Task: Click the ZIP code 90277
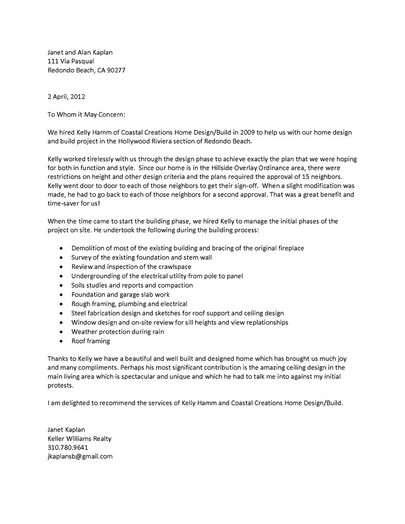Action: click(x=115, y=70)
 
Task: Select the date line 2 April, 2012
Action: click(x=66, y=96)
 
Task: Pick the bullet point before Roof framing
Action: click(x=63, y=342)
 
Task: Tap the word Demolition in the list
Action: click(x=89, y=248)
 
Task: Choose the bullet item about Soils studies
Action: click(x=132, y=285)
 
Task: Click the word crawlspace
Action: click(x=169, y=266)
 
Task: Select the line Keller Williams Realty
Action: click(x=79, y=438)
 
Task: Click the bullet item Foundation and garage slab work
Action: click(x=121, y=295)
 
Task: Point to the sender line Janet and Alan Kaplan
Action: click(x=80, y=52)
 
